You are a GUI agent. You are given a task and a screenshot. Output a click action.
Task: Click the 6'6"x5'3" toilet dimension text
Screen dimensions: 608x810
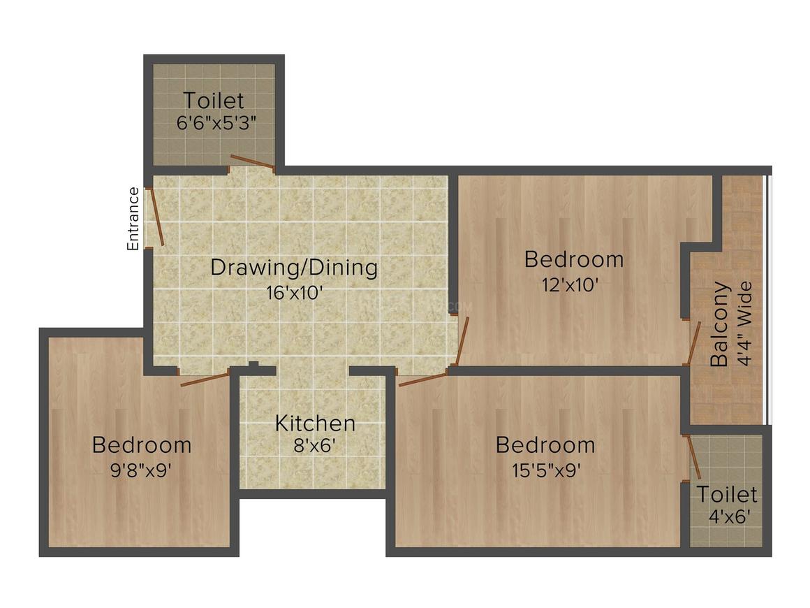[x=216, y=124]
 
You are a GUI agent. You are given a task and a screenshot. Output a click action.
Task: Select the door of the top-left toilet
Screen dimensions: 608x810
[x=252, y=163]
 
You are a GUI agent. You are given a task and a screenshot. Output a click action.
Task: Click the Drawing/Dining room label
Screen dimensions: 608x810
[x=294, y=268]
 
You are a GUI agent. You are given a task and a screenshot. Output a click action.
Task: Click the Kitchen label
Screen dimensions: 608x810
[x=315, y=424]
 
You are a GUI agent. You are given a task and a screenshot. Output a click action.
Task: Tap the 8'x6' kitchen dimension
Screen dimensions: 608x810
[x=315, y=446]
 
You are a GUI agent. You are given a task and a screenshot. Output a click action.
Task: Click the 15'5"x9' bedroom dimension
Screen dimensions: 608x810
[x=545, y=469]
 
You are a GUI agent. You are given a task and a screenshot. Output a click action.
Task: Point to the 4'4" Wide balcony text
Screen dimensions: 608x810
[x=744, y=324]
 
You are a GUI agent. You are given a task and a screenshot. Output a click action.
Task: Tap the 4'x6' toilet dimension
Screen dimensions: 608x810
[x=726, y=518]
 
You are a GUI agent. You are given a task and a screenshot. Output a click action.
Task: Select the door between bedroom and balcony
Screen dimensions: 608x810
[x=693, y=344]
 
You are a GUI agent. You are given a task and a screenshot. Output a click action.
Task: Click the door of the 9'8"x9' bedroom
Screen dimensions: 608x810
[x=205, y=379]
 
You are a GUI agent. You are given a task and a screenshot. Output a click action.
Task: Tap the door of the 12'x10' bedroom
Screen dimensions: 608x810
[x=462, y=341]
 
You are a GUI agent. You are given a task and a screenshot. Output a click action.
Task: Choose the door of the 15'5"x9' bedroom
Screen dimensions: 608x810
[x=422, y=379]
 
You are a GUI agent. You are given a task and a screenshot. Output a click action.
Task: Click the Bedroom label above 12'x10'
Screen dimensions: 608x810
[x=573, y=260]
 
